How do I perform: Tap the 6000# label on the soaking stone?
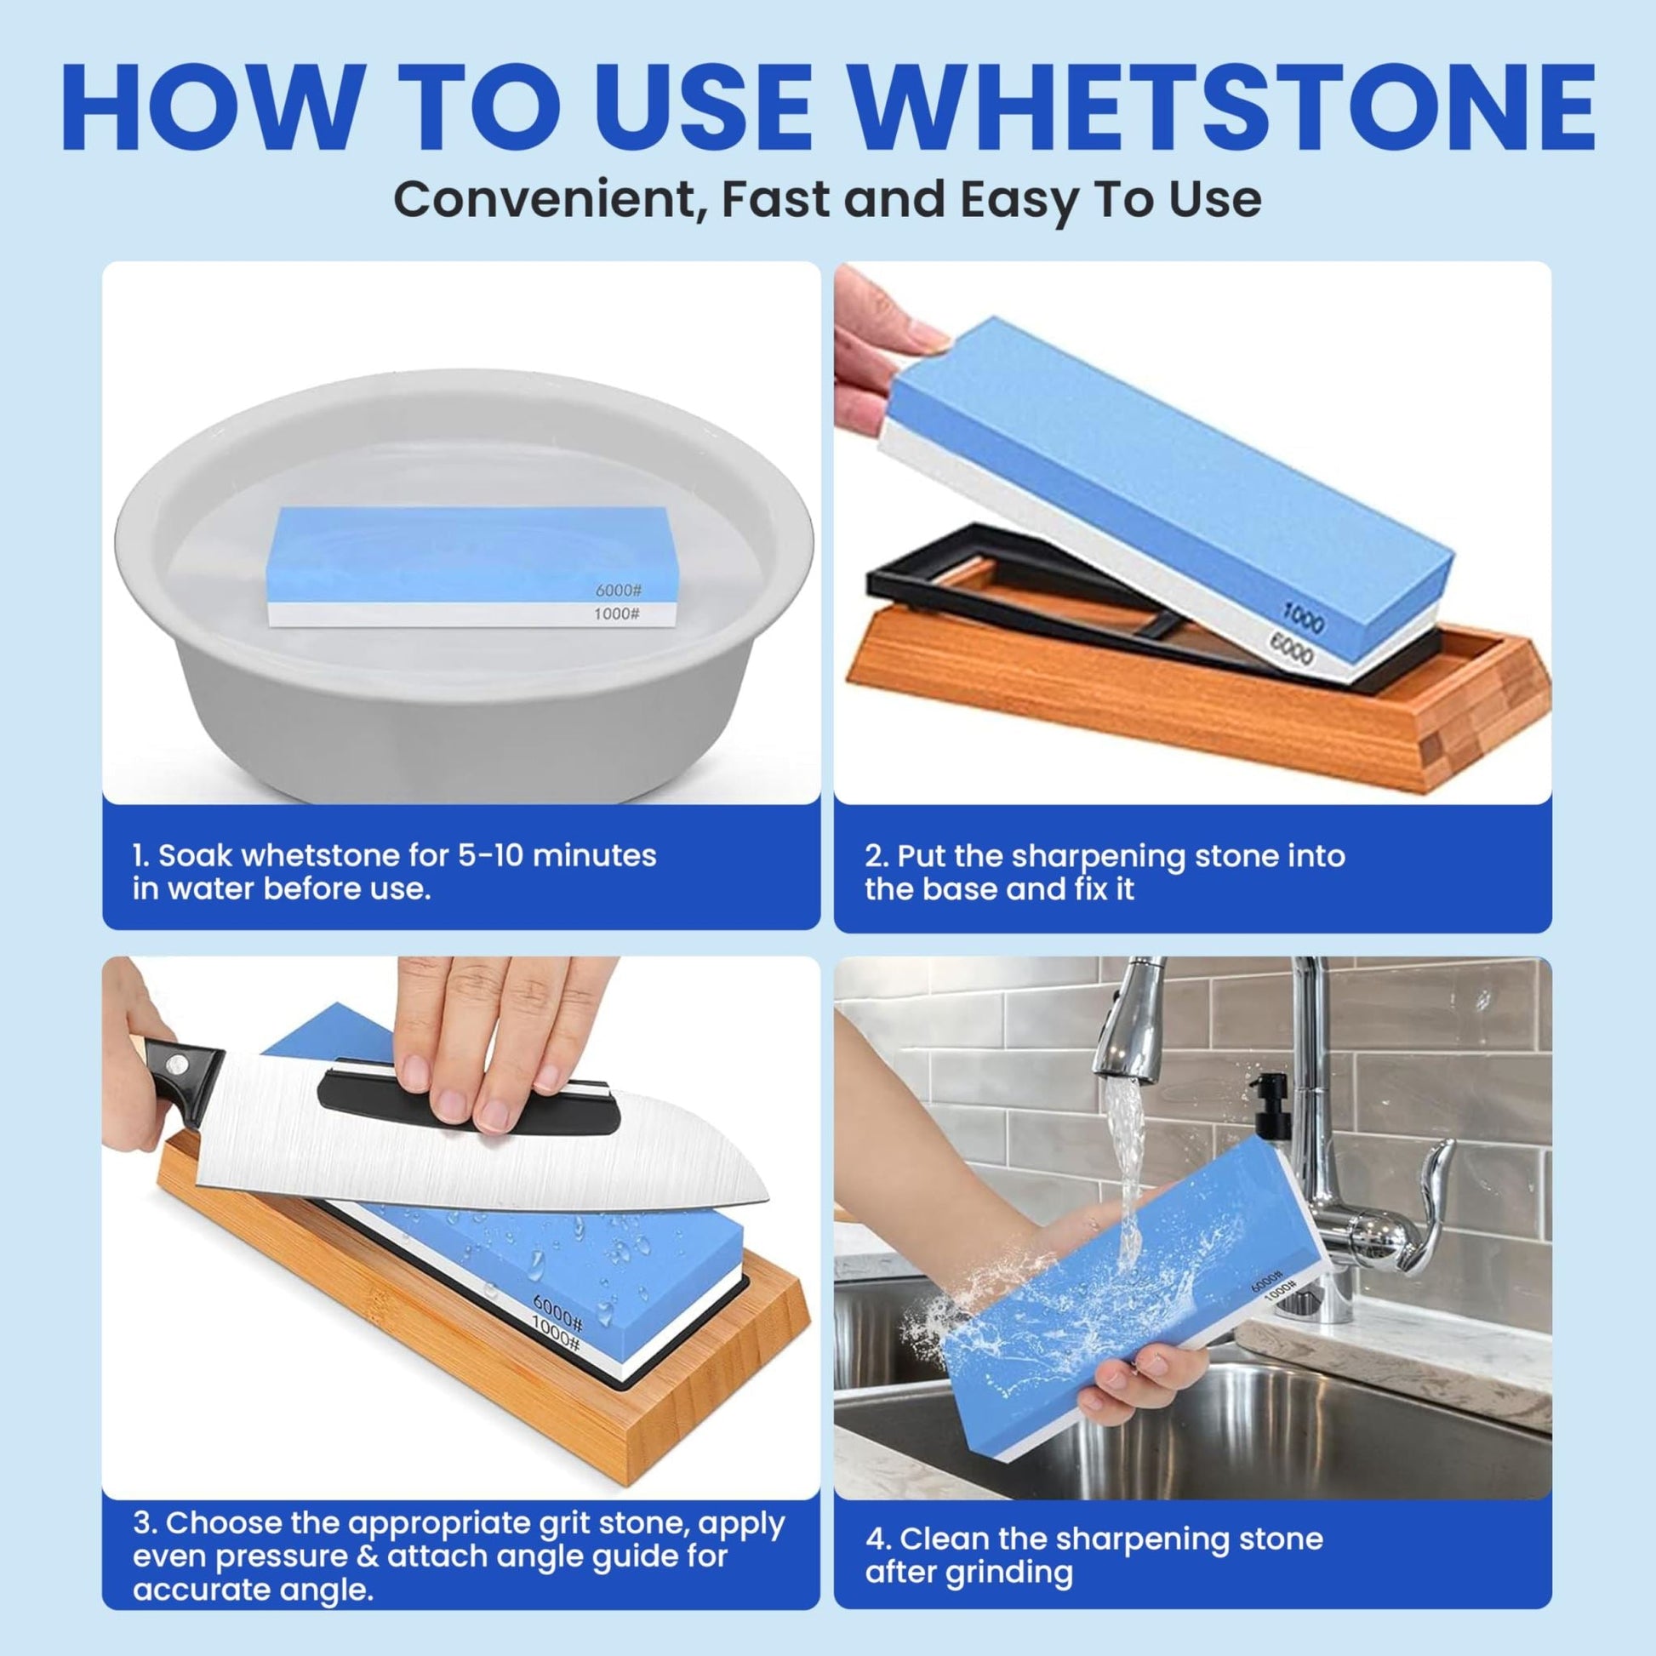620,591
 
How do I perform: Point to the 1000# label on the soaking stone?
617,614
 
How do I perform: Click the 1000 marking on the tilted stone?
1303,614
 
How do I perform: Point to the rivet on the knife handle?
180,1065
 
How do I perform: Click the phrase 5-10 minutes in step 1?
557,855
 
